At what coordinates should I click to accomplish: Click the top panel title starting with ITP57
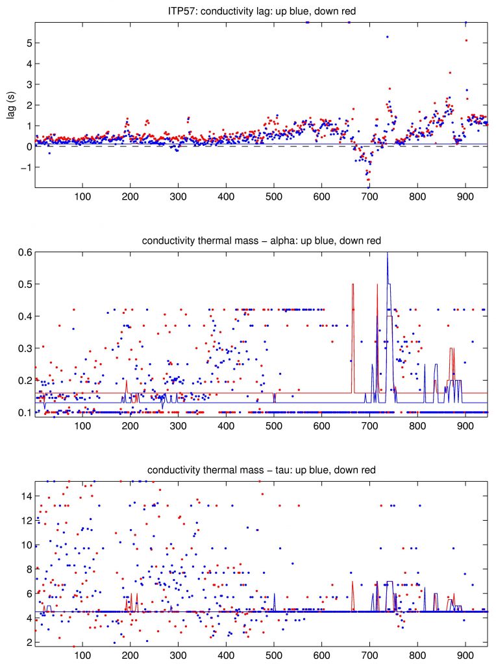(260, 9)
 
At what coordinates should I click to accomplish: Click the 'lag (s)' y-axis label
(11, 104)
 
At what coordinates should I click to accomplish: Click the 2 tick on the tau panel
(27, 643)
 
